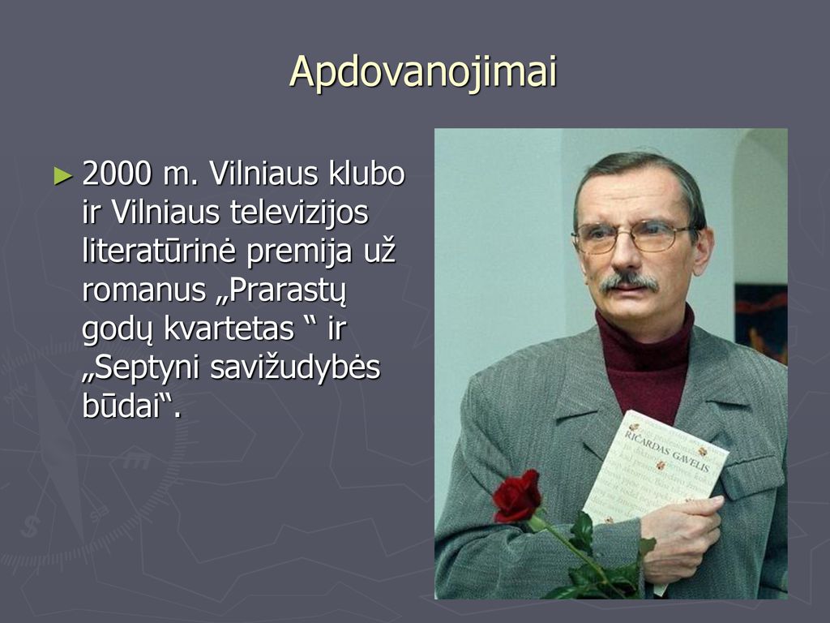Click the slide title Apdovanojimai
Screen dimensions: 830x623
423,72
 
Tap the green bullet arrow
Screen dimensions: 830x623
63,176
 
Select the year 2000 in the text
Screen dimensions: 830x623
117,174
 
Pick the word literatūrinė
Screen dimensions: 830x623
158,251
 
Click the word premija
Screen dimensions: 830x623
299,252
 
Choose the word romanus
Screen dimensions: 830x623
144,290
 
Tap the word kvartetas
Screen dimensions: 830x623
229,329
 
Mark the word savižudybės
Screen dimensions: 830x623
295,368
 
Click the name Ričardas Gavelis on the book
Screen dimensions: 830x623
667,450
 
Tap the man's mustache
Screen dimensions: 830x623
629,281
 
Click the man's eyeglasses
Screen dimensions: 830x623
631,236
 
